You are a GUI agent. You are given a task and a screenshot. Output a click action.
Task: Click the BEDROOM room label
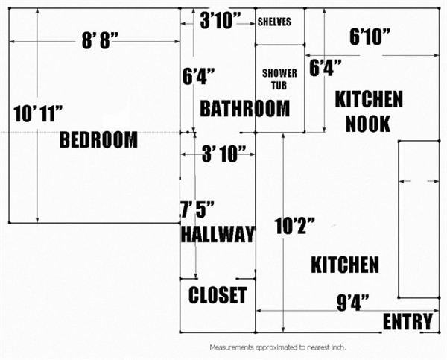coord(98,139)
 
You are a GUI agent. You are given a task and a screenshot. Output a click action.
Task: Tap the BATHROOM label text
coord(244,109)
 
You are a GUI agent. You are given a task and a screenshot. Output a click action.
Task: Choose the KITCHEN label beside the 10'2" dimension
coord(344,265)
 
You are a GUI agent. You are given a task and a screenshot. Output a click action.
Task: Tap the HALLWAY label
coord(217,234)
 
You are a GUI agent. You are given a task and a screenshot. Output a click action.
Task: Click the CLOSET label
coord(218,295)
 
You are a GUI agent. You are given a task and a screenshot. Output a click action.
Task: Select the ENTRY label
coord(408,322)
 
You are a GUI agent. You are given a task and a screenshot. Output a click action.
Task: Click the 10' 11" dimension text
coord(38,114)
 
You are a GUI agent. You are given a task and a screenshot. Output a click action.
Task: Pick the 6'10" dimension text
coord(371,36)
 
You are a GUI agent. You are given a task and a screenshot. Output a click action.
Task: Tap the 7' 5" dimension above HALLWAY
coord(192,209)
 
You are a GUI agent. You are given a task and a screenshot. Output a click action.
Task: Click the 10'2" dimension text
coord(295,224)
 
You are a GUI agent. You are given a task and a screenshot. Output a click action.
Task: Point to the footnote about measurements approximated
coord(277,347)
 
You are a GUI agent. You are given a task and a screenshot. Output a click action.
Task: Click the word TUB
coord(280,86)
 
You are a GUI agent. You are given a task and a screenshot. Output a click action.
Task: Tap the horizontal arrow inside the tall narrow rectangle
coord(419,181)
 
